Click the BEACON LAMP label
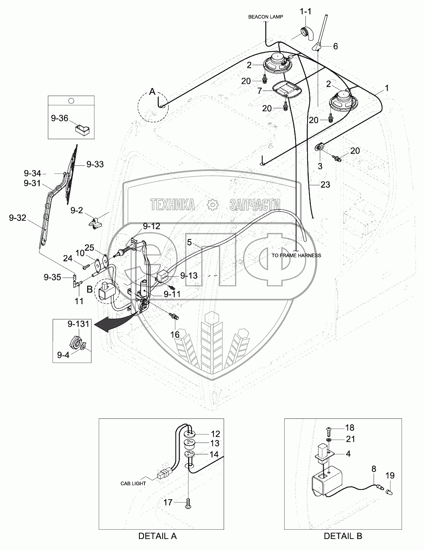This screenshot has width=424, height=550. (x=266, y=17)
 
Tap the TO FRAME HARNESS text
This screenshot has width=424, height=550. (x=297, y=256)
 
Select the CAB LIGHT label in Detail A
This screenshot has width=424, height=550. (x=133, y=484)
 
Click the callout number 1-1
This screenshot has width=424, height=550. (x=305, y=11)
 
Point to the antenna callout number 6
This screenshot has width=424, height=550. (x=335, y=46)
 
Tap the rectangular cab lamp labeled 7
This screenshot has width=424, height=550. (x=286, y=89)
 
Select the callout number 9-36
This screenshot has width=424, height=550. (x=60, y=118)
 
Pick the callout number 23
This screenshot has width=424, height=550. (x=325, y=185)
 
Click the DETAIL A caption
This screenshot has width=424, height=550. (x=157, y=536)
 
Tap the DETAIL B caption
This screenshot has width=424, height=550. (x=343, y=536)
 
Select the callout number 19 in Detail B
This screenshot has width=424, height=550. (x=390, y=476)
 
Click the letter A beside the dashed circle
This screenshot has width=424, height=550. (x=152, y=92)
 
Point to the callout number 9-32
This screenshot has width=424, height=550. (x=17, y=218)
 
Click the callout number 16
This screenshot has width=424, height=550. (x=175, y=335)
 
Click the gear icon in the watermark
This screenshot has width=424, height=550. (x=213, y=205)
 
